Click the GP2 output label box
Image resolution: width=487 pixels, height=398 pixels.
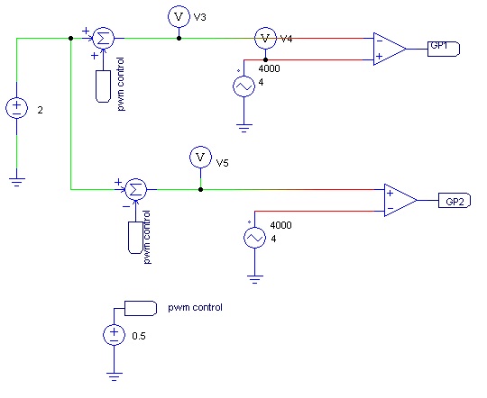click(453, 200)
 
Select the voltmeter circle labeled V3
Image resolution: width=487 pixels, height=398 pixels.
click(179, 15)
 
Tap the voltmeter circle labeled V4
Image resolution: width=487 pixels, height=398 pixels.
click(265, 39)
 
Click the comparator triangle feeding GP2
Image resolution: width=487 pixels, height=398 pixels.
click(400, 200)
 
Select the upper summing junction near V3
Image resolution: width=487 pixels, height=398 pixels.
click(104, 39)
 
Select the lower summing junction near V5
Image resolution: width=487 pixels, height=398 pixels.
click(135, 190)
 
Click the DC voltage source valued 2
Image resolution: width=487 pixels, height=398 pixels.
click(17, 109)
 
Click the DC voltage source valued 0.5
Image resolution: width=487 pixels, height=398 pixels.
click(114, 335)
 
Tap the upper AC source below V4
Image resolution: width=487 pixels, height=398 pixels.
click(243, 86)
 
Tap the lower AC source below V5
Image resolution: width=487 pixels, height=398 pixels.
click(256, 238)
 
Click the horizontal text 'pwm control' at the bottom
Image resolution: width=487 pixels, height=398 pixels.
click(195, 308)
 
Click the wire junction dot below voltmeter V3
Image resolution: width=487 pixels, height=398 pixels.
click(179, 39)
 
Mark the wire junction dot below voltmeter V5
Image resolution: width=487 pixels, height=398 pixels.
click(199, 190)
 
